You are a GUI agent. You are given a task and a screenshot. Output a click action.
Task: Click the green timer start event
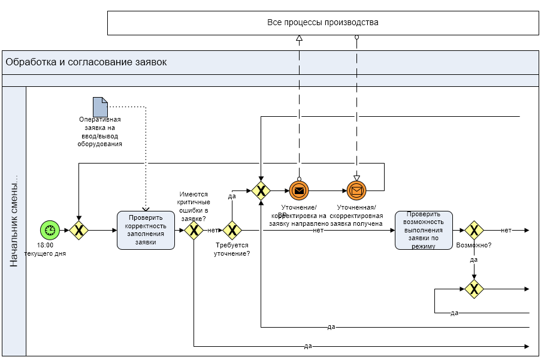tap(50, 230)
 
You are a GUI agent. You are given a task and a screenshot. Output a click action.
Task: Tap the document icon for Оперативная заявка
tap(100, 107)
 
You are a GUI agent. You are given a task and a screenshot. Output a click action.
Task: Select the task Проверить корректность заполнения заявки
tap(146, 230)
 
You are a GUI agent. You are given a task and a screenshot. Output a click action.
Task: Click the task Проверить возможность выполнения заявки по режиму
tap(424, 230)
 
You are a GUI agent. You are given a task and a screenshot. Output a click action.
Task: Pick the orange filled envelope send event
tap(299, 191)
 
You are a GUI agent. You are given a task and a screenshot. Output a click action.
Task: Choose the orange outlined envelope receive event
tap(356, 191)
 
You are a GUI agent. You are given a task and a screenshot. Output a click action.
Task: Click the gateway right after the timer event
tap(78, 230)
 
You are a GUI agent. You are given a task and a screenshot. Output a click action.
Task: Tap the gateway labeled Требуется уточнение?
tap(232, 230)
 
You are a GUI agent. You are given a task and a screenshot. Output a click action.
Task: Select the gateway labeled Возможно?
tap(474, 230)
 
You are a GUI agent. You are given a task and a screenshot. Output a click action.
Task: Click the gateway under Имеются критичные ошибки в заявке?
tap(194, 230)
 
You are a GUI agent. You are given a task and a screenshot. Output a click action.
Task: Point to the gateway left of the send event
tap(261, 191)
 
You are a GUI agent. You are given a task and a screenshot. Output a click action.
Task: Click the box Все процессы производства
tap(323, 23)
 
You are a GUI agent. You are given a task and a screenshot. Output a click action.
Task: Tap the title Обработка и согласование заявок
tap(86, 62)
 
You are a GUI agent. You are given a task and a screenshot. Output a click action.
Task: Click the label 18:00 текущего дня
tap(45, 249)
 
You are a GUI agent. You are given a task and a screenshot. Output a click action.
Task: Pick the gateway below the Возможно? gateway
tap(474, 289)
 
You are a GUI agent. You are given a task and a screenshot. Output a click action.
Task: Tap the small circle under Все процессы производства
tap(356, 37)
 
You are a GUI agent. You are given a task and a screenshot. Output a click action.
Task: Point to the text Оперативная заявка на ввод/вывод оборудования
tap(100, 132)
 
